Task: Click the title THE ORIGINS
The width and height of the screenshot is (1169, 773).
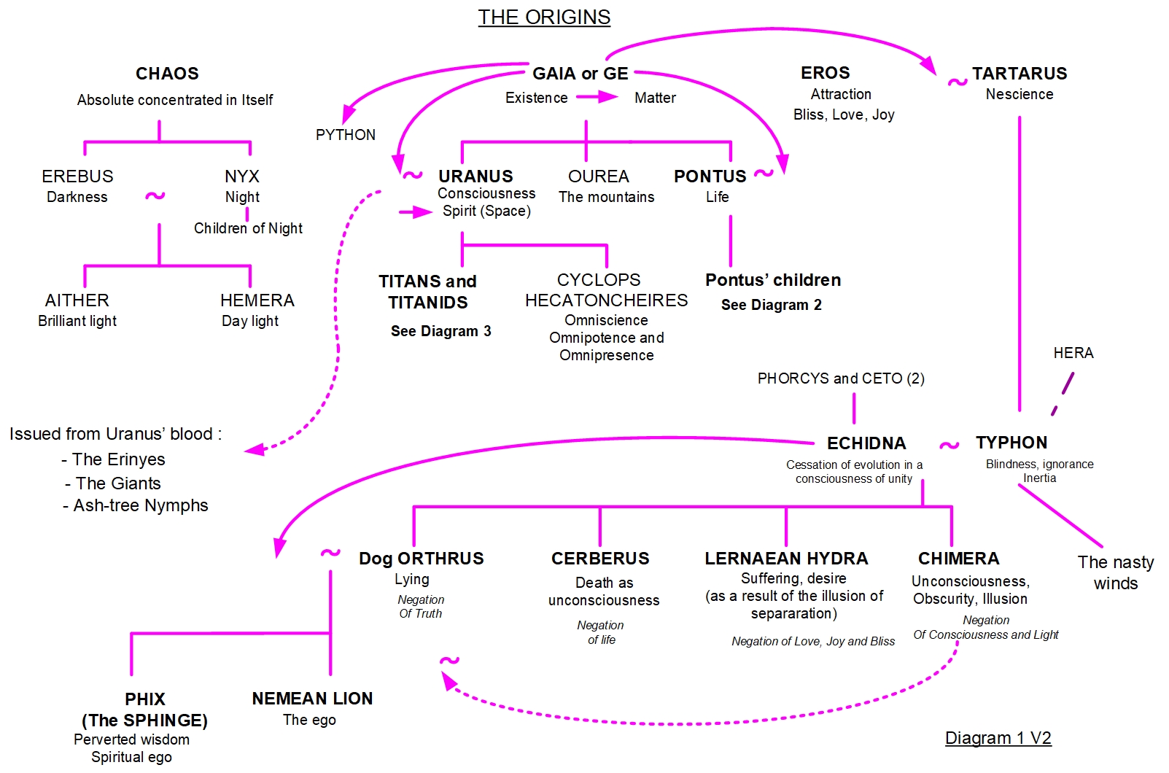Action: click(544, 17)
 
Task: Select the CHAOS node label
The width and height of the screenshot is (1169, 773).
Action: click(167, 74)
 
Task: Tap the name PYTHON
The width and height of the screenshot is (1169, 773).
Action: click(346, 135)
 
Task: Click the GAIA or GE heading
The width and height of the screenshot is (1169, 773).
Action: click(580, 74)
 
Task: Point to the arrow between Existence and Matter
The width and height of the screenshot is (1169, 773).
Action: click(597, 97)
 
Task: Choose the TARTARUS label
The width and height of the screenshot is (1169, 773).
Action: click(1019, 74)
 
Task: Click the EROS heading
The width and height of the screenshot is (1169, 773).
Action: click(825, 73)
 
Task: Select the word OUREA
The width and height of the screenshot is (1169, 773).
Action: click(598, 176)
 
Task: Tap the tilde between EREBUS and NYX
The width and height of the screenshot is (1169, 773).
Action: click(155, 195)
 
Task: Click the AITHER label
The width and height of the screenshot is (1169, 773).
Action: click(77, 300)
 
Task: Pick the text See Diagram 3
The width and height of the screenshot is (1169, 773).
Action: click(440, 331)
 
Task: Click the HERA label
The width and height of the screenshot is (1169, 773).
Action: click(1073, 353)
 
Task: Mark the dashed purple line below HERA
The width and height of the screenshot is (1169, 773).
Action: click(1063, 394)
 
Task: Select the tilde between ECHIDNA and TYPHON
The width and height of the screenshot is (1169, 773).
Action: click(949, 445)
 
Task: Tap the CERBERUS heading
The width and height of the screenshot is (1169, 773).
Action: click(599, 559)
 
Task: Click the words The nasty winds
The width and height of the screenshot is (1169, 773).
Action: click(1115, 572)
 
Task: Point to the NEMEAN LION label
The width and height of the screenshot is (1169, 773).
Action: click(312, 699)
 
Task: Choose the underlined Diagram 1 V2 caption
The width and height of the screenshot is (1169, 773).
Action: click(998, 738)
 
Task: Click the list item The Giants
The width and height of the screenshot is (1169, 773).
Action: click(117, 483)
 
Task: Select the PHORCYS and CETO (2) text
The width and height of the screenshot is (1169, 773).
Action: click(840, 378)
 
